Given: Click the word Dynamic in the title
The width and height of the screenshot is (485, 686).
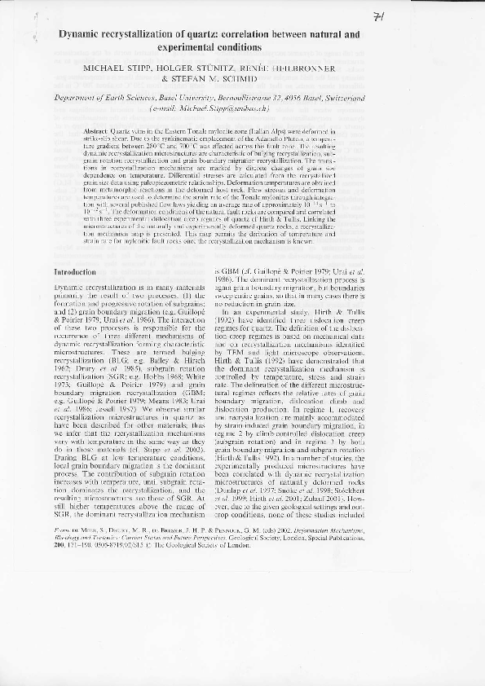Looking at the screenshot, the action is click(81, 37).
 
